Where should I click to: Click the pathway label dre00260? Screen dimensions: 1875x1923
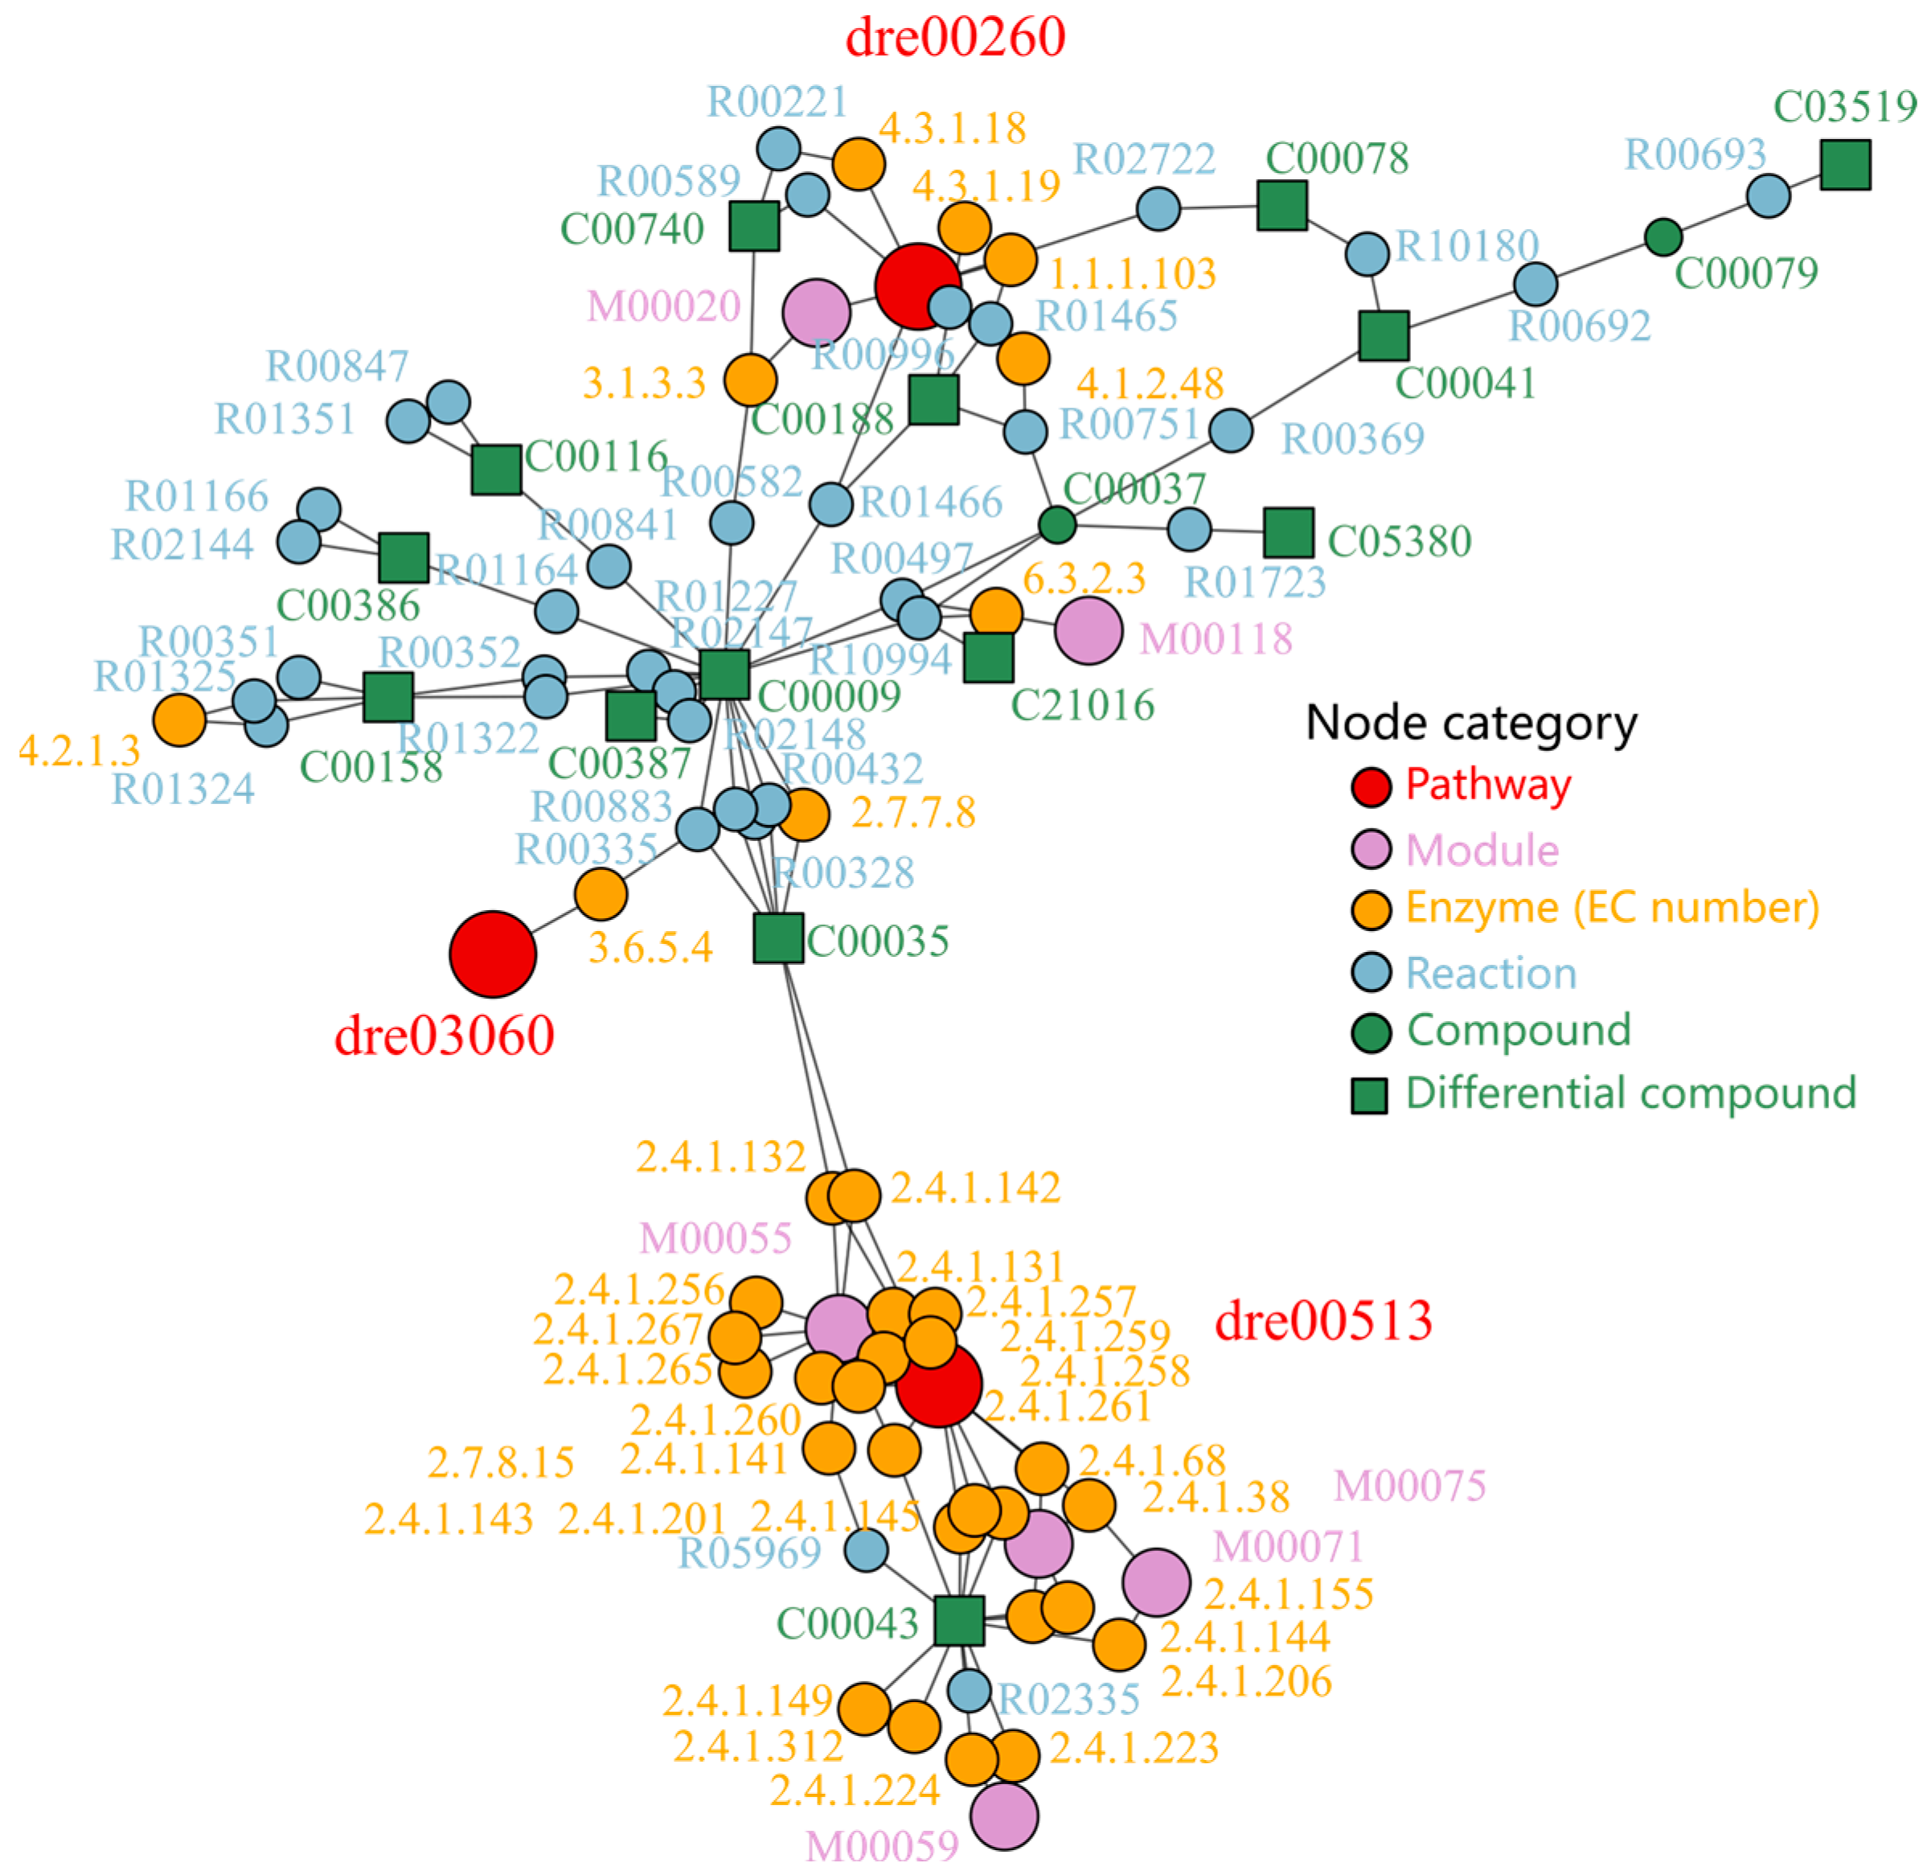pyautogui.click(x=954, y=38)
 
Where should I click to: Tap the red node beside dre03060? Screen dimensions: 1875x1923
pyautogui.click(x=492, y=954)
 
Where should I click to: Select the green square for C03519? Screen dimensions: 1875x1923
pyautogui.click(x=1844, y=165)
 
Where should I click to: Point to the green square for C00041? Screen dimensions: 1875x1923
pyautogui.click(x=1383, y=334)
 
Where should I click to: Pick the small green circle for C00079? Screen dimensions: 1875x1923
pyautogui.click(x=1663, y=236)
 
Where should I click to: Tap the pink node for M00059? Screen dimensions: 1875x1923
pyautogui.click(x=1003, y=1815)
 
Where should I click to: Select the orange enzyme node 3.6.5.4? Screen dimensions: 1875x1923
pyautogui.click(x=601, y=894)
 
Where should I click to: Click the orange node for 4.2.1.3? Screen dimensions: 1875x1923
pyautogui.click(x=179, y=719)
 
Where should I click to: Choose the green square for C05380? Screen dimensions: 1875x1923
pyautogui.click(x=1288, y=533)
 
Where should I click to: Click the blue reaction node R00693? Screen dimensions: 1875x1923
pyautogui.click(x=1767, y=195)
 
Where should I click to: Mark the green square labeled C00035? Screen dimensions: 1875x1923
pyautogui.click(x=778, y=937)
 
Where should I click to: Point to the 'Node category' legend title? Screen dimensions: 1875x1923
pyautogui.click(x=1470, y=722)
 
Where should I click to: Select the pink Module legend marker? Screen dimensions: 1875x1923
pyautogui.click(x=1371, y=849)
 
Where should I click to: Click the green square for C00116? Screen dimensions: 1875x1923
pyautogui.click(x=495, y=469)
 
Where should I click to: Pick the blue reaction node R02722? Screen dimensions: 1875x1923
pyautogui.click(x=1158, y=209)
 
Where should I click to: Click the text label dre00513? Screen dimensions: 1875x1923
pyautogui.click(x=1322, y=1320)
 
